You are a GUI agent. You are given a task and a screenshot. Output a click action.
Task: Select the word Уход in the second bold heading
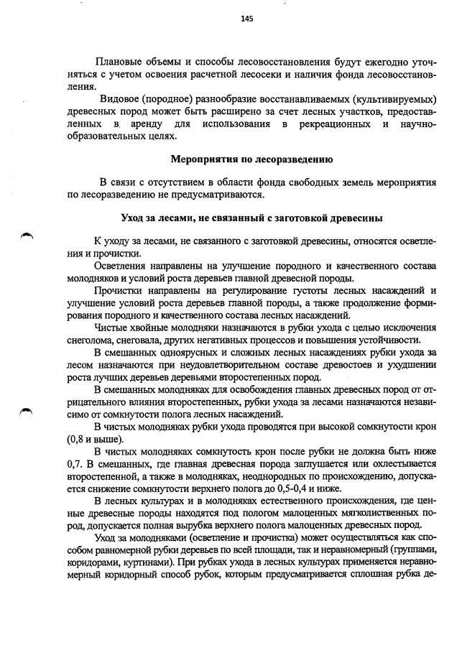[x=133, y=217]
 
